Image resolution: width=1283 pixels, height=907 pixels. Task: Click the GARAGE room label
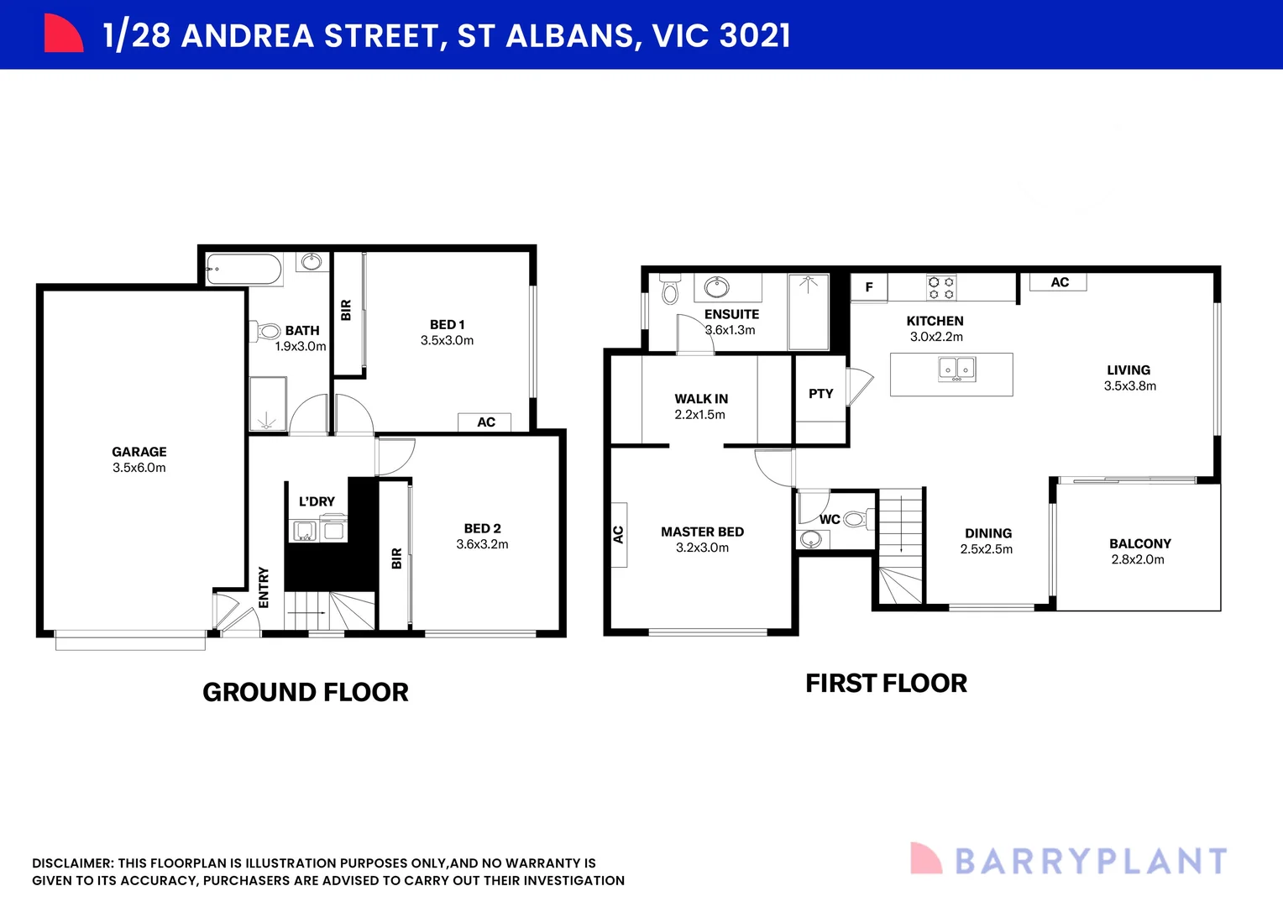point(139,452)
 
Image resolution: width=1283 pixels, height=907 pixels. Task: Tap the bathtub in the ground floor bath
point(244,270)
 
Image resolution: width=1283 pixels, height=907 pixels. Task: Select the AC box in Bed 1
point(484,422)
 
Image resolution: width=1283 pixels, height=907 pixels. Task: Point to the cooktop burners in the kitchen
point(941,287)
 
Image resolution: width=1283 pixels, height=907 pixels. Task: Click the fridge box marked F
point(869,287)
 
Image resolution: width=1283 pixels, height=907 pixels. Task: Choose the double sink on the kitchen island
point(956,370)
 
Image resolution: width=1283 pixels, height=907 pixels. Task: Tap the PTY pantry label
point(821,394)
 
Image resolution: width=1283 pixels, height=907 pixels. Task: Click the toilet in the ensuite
point(669,288)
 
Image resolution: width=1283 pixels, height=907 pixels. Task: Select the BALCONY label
point(1139,543)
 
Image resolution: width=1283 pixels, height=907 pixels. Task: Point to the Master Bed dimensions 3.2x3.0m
point(702,548)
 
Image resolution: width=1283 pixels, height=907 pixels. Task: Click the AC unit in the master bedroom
point(619,535)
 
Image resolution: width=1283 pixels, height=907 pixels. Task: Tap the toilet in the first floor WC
point(858,520)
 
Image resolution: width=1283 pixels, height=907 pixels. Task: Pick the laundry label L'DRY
point(317,501)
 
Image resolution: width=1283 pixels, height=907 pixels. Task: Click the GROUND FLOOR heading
point(306,692)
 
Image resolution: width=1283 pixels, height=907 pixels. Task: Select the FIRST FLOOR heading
point(886,683)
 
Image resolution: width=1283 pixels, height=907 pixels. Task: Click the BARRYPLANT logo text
point(1091,861)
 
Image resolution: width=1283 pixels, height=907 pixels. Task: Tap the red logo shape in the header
point(64,34)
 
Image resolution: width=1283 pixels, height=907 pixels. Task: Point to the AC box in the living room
point(1058,282)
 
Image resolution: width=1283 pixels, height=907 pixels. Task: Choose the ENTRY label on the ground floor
point(264,587)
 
